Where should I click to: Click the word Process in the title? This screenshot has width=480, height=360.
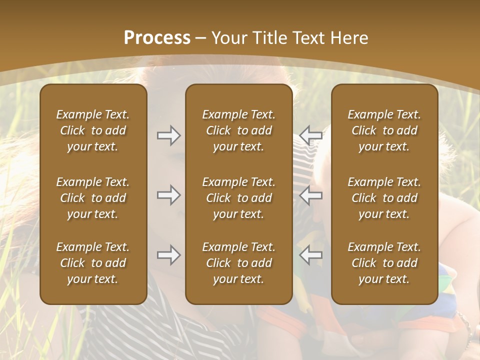point(157,38)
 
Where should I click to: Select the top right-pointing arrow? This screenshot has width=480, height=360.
point(169,135)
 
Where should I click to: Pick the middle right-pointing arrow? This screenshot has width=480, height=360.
point(169,195)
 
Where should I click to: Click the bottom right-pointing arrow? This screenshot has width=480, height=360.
point(169,255)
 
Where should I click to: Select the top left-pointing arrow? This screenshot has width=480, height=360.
point(311,135)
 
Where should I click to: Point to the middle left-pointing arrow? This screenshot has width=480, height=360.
point(311,195)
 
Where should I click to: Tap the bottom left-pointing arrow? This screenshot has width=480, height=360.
point(311,255)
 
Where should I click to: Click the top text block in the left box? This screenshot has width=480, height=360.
point(93,130)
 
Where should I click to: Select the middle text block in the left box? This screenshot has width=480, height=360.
point(93,198)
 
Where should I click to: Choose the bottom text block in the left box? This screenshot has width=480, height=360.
point(93,263)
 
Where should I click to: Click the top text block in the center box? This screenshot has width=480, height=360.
point(239,130)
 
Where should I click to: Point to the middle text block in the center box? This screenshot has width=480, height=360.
point(239,198)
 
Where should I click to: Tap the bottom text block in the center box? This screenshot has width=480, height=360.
point(239,263)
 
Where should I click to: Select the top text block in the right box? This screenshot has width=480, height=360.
point(384,130)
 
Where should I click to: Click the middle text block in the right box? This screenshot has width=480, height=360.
point(384,198)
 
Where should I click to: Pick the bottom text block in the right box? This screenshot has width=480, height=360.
point(384,263)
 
